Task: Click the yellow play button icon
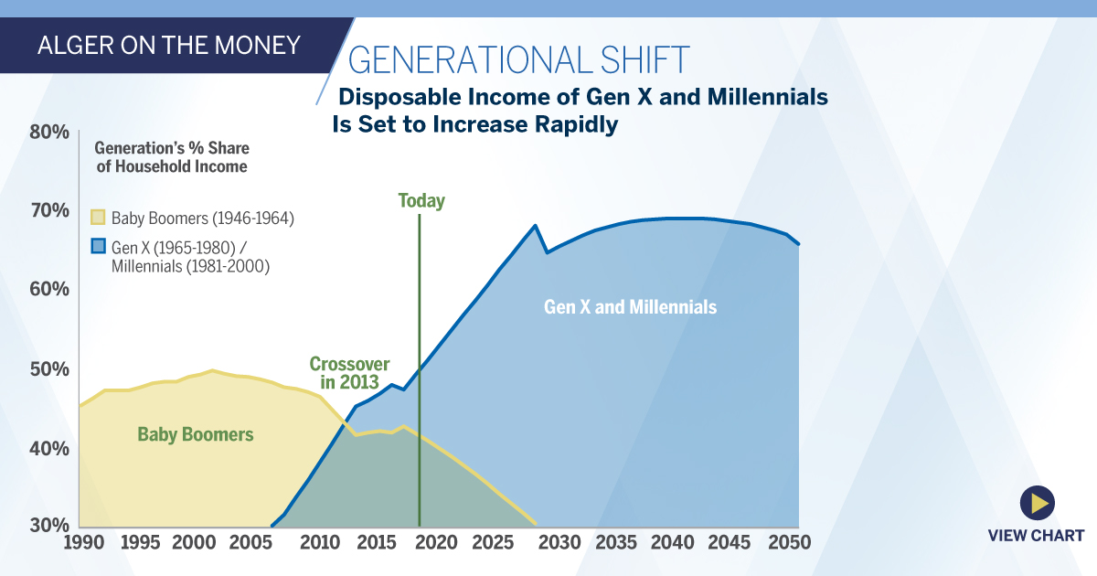point(1037,502)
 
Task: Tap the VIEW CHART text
point(1036,535)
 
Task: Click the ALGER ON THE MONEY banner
point(168,45)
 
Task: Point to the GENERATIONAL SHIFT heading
point(518,59)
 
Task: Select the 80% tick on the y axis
point(48,132)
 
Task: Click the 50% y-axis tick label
point(48,369)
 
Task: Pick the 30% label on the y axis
point(48,526)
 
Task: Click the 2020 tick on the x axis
point(436,542)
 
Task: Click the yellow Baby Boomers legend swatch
point(98,218)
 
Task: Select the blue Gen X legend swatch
point(98,245)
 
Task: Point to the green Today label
point(421,201)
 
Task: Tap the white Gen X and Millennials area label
point(630,307)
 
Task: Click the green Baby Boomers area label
point(195,434)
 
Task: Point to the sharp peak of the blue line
point(535,225)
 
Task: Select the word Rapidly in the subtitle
point(568,124)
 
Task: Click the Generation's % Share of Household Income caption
point(172,157)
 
